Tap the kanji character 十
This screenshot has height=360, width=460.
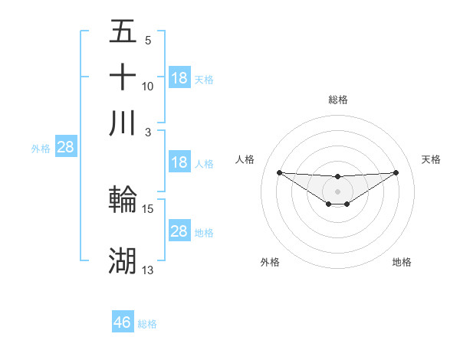click(x=123, y=77)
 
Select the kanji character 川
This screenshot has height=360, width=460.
click(x=123, y=123)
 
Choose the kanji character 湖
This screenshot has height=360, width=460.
click(x=123, y=261)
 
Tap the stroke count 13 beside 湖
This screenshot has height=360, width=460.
click(x=148, y=270)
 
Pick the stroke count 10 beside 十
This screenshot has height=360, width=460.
click(x=148, y=86)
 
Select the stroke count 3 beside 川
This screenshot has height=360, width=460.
click(x=148, y=131)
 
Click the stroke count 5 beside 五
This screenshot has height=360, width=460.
click(x=148, y=41)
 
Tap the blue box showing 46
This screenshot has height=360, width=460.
click(x=123, y=322)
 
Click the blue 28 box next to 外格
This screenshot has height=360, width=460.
click(x=65, y=148)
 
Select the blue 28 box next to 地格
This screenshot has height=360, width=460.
click(x=179, y=231)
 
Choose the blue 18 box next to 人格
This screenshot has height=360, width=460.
click(x=179, y=162)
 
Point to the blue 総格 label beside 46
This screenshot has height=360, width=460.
click(x=147, y=324)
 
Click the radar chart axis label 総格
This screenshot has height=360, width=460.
click(x=337, y=100)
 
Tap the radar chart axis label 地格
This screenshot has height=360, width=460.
click(x=402, y=262)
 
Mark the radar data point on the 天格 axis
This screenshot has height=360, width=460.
click(x=396, y=172)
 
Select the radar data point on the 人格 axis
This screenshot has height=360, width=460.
click(x=279, y=172)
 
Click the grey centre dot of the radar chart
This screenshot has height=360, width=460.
click(x=337, y=190)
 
